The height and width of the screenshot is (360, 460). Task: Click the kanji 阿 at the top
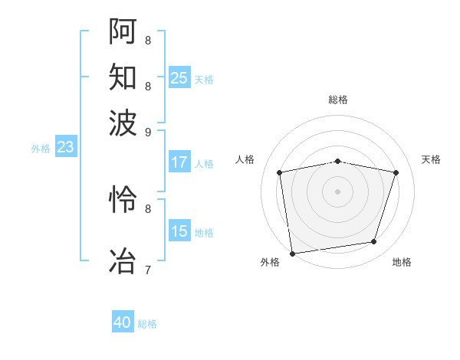(123, 31)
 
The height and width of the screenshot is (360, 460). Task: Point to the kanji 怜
(123, 200)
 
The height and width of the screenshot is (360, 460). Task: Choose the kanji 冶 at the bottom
(123, 260)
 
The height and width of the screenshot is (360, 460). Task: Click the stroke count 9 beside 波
(148, 131)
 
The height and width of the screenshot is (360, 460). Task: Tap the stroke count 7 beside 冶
(148, 270)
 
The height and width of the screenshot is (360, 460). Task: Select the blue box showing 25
(179, 77)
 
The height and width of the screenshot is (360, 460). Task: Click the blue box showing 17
(179, 162)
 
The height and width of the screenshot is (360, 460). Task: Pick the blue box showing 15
(179, 231)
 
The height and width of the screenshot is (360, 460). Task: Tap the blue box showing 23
(65, 147)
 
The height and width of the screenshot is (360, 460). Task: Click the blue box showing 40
(123, 322)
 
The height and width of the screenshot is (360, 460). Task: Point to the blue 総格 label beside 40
(148, 324)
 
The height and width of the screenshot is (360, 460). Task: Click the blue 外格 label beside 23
(41, 149)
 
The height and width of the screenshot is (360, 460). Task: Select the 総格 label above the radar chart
(338, 100)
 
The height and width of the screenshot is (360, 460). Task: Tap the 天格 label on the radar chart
(431, 159)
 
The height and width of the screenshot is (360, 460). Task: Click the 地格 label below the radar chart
(402, 263)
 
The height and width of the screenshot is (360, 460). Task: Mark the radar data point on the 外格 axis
(292, 253)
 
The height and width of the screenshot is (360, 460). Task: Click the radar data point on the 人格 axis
(281, 172)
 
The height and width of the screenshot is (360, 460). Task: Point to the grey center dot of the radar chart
(338, 191)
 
